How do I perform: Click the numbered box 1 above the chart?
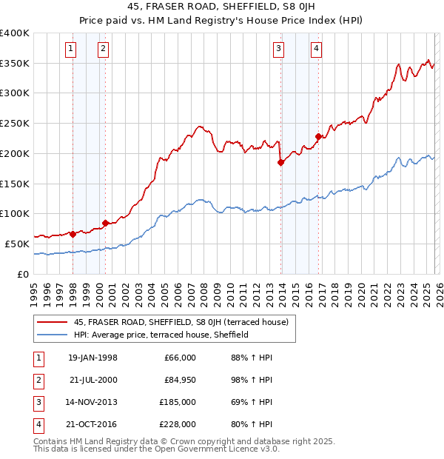tap(71, 50)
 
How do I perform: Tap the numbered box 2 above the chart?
tap(103, 50)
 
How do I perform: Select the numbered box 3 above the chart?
tap(279, 50)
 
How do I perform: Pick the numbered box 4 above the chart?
tap(316, 50)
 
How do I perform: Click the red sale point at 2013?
tap(281, 162)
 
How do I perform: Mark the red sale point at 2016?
tap(319, 136)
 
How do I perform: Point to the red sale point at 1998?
tap(73, 234)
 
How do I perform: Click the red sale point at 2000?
tap(105, 222)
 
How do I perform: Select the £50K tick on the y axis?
tap(18, 244)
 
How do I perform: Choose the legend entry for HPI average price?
tap(161, 335)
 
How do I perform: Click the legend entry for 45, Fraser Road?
tap(185, 321)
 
